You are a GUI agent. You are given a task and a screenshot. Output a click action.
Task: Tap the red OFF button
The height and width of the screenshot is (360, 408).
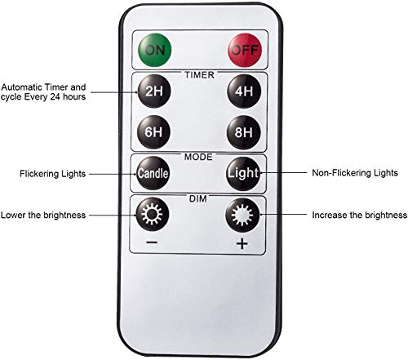click(245, 50)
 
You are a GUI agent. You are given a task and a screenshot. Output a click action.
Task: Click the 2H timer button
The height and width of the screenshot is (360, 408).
click(154, 91)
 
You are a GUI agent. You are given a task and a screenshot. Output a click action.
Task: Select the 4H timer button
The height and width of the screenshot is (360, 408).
click(244, 91)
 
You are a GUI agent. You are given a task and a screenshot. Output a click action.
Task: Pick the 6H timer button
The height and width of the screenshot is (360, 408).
click(153, 132)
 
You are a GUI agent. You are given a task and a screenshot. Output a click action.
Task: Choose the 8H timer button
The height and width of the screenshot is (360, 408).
click(244, 132)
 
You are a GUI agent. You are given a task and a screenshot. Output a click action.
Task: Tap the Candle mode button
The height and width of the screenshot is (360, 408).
click(153, 173)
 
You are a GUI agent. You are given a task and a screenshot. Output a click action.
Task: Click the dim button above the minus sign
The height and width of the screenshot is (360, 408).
click(153, 214)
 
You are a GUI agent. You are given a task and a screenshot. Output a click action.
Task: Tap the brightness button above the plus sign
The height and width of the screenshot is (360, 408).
click(242, 215)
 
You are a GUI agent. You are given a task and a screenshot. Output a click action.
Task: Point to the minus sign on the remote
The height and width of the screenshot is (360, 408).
click(152, 242)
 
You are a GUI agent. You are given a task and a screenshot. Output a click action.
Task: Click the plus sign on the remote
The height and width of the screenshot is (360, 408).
click(242, 243)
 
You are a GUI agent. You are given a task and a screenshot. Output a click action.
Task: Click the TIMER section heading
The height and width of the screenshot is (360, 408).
click(199, 75)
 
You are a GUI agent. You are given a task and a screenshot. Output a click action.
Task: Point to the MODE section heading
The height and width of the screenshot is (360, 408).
click(198, 157)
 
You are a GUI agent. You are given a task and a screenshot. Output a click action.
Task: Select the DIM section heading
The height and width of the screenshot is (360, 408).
click(198, 198)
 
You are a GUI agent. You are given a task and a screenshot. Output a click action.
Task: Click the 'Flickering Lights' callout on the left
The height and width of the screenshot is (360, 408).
click(52, 174)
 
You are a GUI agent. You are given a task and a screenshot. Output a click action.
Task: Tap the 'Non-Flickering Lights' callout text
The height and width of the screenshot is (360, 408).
click(355, 173)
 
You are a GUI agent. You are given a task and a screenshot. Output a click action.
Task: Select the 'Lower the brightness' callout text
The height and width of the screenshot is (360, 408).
click(43, 215)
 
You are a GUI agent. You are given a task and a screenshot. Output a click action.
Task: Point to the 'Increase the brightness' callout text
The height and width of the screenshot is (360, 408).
click(360, 215)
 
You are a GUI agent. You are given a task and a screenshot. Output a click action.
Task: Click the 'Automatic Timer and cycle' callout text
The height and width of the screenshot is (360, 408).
click(43, 92)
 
